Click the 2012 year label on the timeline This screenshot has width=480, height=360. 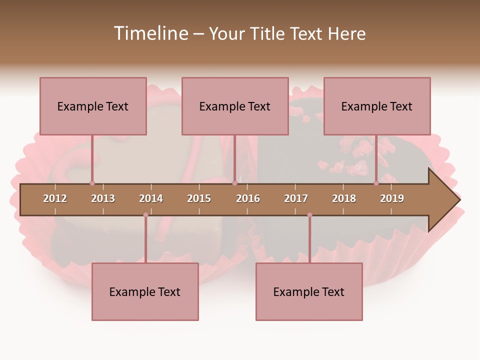55,198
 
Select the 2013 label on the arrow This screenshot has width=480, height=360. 103,198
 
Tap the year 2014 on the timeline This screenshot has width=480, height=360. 151,198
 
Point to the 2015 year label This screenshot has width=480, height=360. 199,198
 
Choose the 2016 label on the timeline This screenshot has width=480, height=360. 248,198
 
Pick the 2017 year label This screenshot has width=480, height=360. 296,198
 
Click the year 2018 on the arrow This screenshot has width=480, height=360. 344,198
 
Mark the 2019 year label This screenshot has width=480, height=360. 392,198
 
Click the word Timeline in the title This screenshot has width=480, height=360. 150,33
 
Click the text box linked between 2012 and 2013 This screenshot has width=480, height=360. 93,106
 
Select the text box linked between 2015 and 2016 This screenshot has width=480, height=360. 235,106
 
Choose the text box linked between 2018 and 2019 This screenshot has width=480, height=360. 377,106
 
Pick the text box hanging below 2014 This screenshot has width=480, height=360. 145,291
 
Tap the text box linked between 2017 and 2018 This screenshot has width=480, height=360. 309,291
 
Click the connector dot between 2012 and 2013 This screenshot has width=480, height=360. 92,183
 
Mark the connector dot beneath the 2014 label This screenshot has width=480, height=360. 145,215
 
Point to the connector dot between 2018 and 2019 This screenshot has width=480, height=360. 376,183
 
